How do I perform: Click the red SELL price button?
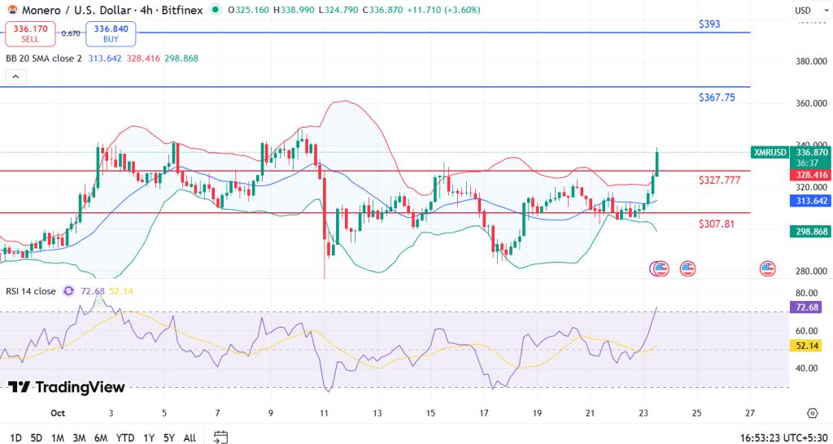(x=30, y=34)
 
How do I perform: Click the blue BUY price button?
(x=111, y=34)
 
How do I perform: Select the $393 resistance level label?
(x=709, y=24)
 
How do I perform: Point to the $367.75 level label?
(x=717, y=98)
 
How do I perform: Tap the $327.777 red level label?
(x=719, y=180)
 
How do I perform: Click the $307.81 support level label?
(x=716, y=224)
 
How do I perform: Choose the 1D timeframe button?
(x=15, y=437)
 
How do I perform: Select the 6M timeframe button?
(x=101, y=437)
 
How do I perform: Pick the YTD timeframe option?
(x=125, y=437)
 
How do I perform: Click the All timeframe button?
(x=190, y=437)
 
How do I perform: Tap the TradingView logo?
(x=67, y=388)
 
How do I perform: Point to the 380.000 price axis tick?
(x=812, y=62)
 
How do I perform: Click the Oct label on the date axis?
(x=57, y=413)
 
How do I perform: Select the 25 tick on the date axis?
(x=696, y=413)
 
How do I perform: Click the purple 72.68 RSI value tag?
(x=807, y=307)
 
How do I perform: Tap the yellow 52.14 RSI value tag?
(x=807, y=346)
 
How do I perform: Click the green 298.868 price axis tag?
(x=810, y=232)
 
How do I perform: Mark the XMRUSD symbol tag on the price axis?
(x=770, y=152)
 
